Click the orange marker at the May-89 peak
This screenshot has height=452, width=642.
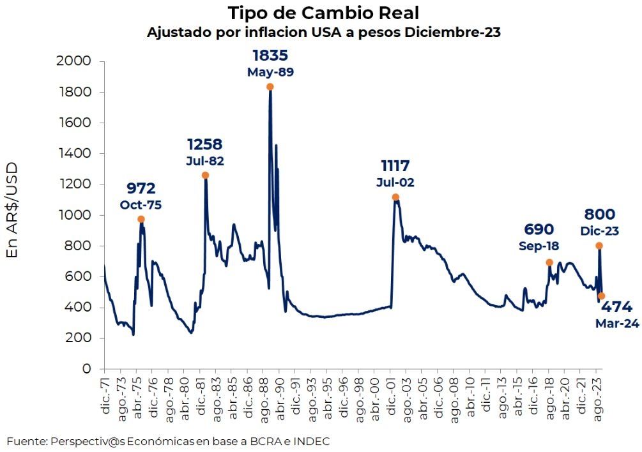click(x=270, y=87)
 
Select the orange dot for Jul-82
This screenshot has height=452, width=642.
click(x=205, y=175)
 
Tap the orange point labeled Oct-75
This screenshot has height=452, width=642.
click(x=141, y=219)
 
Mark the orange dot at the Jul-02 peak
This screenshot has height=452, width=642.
click(x=395, y=197)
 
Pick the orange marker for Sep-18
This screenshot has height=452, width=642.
click(x=549, y=262)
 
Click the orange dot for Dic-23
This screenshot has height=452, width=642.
click(x=599, y=246)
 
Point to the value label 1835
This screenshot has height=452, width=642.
click(x=270, y=55)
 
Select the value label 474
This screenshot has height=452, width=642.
click(x=616, y=307)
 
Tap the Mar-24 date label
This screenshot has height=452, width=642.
click(x=617, y=324)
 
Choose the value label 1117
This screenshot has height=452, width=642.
click(x=395, y=166)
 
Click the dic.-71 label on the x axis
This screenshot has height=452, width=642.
click(x=105, y=396)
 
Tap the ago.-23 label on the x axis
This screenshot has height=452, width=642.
click(x=598, y=396)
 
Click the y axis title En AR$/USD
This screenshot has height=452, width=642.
click(x=12, y=210)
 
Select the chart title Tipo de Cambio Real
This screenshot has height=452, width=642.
click(x=324, y=13)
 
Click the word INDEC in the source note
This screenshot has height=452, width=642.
click(x=312, y=441)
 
